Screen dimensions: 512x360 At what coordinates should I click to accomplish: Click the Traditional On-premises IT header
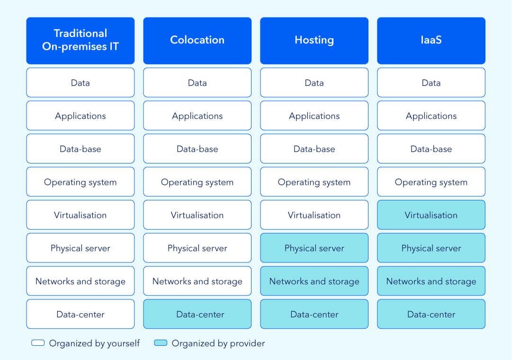[81, 41]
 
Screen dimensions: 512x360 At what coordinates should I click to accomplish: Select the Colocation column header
[197, 41]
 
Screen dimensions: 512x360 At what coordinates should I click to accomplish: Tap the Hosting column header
[314, 41]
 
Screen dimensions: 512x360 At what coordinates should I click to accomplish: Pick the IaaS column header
[431, 41]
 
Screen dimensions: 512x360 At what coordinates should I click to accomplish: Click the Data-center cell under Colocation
[197, 314]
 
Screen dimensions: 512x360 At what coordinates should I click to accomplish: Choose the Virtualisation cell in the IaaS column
[431, 215]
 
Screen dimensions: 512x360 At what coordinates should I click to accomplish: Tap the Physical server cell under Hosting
[314, 248]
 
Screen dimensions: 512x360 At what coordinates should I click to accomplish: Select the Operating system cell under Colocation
[197, 181]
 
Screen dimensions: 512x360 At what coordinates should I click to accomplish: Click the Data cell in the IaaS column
[431, 82]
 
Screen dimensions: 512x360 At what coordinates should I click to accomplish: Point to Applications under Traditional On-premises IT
[81, 115]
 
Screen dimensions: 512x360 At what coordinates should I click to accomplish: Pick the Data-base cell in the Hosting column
[314, 148]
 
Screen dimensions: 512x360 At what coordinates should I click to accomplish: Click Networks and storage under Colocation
[197, 281]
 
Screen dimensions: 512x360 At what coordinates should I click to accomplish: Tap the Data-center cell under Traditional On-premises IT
[81, 314]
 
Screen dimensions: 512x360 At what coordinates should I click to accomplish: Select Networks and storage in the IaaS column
[431, 281]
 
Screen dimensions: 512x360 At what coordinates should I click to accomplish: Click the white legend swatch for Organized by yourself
[38, 342]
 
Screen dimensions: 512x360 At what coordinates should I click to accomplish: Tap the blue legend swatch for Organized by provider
[161, 342]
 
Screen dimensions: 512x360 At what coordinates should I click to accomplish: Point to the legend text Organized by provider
[218, 343]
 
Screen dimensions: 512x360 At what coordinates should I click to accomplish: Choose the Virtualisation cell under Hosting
[314, 215]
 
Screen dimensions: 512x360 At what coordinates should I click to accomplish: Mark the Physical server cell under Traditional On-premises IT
[81, 248]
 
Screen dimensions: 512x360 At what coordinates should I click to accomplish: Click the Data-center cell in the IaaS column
[431, 314]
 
